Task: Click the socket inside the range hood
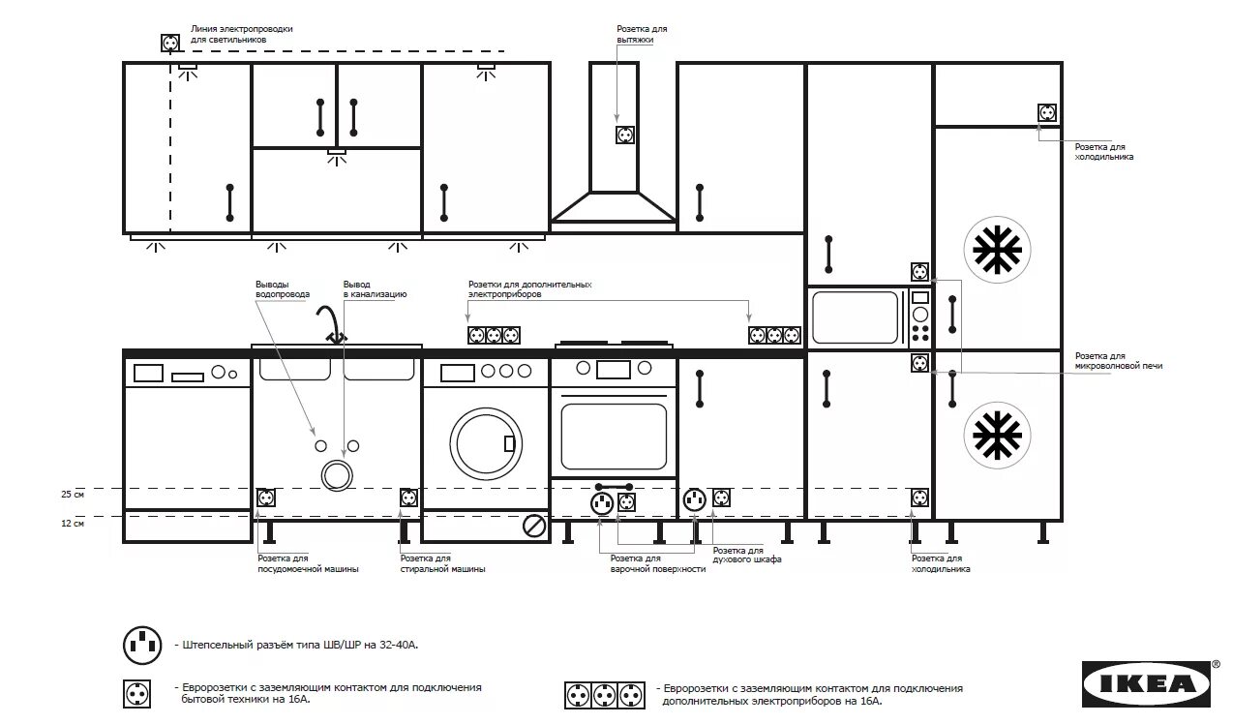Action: [625, 135]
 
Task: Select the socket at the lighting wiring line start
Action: [170, 44]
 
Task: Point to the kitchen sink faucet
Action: [330, 323]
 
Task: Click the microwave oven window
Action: [856, 317]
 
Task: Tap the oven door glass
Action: [614, 435]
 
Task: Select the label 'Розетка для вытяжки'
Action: [642, 35]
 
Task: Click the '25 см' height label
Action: [74, 495]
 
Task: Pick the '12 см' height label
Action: [74, 524]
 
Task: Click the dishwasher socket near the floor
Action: [265, 498]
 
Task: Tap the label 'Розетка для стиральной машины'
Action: [442, 564]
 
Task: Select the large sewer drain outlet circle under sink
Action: [337, 474]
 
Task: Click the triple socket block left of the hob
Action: [494, 336]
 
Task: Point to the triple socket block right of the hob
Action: [774, 336]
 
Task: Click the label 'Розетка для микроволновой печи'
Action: [1118, 361]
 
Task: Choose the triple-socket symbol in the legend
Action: [604, 695]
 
